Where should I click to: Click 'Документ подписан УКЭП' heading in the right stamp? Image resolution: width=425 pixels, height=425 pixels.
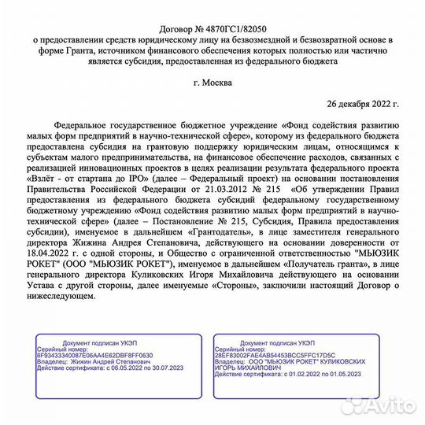pos(277,343)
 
